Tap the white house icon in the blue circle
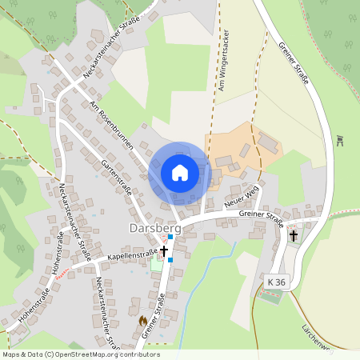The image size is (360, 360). point(179,172)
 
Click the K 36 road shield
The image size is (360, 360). point(277,282)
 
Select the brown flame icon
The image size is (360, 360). point(143,320)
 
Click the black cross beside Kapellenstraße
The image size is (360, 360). point(164,251)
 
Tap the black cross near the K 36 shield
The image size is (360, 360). point(294,236)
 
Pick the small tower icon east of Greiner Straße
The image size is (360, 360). point(340,142)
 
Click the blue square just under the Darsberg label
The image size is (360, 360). point(170,238)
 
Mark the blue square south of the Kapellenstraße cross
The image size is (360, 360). point(170,271)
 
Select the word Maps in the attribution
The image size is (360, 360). point(12,354)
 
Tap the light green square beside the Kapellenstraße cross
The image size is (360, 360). point(155,265)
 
